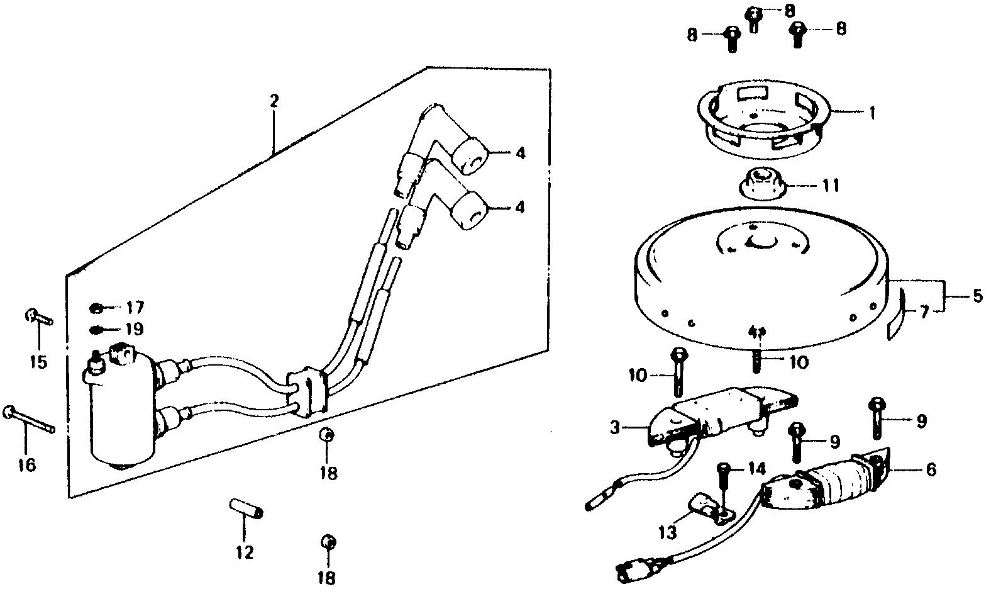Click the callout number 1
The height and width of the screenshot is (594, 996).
[x=872, y=113]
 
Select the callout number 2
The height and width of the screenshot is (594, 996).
[x=274, y=101]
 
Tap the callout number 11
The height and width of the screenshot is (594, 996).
[x=832, y=186]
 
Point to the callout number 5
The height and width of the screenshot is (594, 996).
[x=977, y=296]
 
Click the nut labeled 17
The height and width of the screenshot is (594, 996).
[x=96, y=308]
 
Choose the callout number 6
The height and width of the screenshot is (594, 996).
[x=930, y=469]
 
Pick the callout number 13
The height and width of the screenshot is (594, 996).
[x=668, y=533]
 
